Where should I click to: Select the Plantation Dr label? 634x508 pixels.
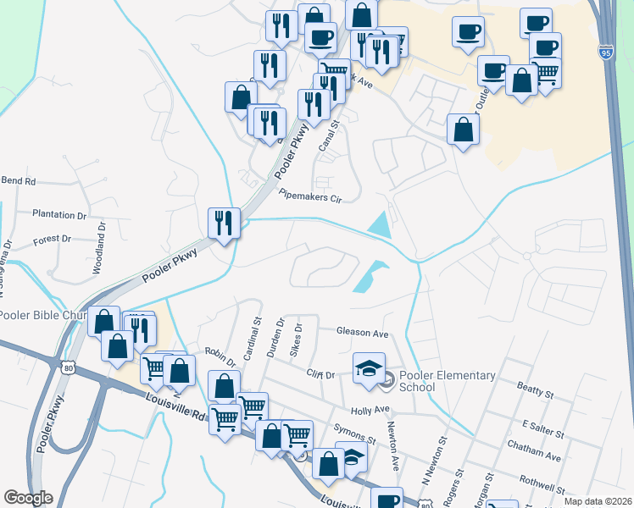coord(59,215)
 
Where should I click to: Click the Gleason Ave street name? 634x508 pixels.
coord(362,332)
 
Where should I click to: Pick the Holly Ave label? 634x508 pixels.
coord(370,410)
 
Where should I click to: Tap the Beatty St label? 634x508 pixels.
coord(535,390)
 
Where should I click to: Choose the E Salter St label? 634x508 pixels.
coord(542,428)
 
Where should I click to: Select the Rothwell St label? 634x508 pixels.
coord(543,485)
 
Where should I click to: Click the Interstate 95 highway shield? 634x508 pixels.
coord(604,51)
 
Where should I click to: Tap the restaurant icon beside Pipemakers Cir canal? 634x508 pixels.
coord(225,223)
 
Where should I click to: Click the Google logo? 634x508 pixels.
coord(28,498)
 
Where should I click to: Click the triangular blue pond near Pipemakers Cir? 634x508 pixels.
coord(381,226)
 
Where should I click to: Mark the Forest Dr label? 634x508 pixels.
coord(53,240)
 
